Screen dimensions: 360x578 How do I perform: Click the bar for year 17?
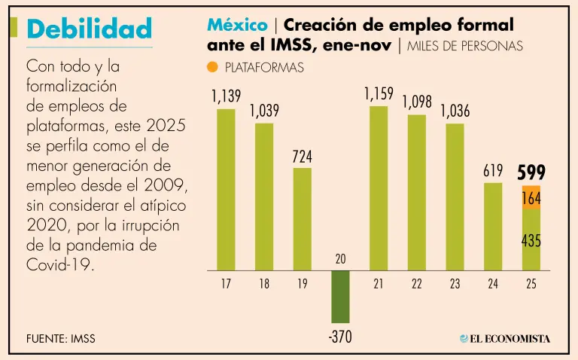(226, 190)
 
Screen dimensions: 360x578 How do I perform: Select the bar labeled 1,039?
(264, 197)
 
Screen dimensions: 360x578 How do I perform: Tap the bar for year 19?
(303, 219)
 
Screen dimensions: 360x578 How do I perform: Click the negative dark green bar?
(340, 298)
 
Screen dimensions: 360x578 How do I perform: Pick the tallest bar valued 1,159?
(379, 188)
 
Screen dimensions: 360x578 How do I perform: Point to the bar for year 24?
(493, 226)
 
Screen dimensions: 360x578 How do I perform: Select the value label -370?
(340, 337)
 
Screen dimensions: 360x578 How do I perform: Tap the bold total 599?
(531, 172)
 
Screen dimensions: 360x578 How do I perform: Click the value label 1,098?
(416, 102)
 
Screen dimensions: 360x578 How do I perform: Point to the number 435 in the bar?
(531, 241)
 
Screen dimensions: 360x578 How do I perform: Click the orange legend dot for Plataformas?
(212, 67)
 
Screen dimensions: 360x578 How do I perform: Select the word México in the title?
(237, 26)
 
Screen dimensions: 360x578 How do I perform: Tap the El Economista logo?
(505, 338)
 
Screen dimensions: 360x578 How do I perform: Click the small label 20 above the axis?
(340, 258)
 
